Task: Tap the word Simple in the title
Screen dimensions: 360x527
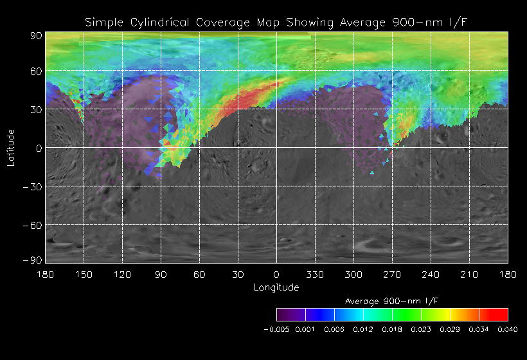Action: click(104, 23)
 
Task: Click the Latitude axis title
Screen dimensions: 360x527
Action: click(11, 147)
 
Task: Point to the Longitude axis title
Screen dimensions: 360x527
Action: click(276, 287)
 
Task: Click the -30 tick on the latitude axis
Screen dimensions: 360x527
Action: click(33, 186)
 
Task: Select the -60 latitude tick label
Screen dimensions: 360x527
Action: click(33, 225)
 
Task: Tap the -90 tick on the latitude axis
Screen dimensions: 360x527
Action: click(33, 260)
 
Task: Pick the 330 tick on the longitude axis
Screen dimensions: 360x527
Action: click(315, 274)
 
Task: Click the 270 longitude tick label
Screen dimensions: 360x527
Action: click(392, 274)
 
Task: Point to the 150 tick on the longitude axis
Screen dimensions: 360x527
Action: click(84, 274)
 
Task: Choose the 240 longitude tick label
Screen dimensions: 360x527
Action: click(431, 274)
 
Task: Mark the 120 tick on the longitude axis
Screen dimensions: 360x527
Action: click(122, 274)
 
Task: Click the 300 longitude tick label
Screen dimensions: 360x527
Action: click(353, 274)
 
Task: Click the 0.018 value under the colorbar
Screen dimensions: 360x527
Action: click(392, 329)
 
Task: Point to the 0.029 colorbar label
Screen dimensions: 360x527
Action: click(450, 329)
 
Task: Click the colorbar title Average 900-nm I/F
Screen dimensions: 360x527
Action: click(392, 301)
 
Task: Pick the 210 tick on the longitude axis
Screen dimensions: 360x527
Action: click(469, 274)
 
